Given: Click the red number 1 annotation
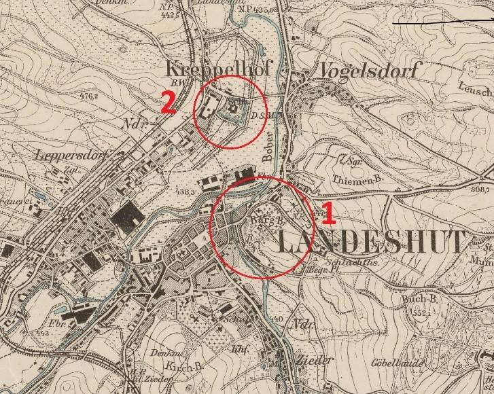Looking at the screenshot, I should point(327,214).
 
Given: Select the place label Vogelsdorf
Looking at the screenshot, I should point(370,69).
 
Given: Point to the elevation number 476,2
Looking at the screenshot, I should point(88,96).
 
